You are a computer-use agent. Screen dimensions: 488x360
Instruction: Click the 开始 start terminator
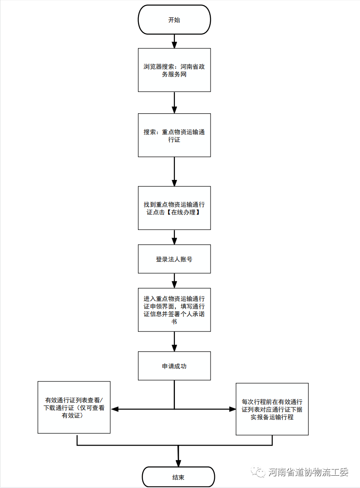coord(174,20)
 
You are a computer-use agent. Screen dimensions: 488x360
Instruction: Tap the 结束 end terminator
coord(178,477)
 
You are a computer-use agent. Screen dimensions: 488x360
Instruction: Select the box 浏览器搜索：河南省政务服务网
coord(174,70)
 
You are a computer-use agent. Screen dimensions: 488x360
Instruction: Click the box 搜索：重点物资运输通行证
coord(174,135)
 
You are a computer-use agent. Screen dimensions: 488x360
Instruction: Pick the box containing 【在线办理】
coord(174,208)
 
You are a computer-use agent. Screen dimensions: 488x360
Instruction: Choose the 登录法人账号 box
coord(174,259)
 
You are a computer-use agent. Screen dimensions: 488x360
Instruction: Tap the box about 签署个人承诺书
coord(174,309)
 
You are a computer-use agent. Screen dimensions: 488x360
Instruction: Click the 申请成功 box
coord(174,366)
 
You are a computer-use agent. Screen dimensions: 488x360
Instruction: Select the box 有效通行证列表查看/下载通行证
coord(74,408)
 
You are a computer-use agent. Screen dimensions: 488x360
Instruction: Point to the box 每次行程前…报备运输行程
coord(272,409)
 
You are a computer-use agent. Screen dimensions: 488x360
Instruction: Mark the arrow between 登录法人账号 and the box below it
coord(174,280)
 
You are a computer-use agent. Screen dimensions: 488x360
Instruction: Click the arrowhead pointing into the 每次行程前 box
coord(232,409)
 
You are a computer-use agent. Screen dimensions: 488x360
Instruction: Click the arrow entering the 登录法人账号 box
coord(174,237)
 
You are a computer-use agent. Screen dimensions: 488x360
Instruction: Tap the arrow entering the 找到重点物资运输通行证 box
coord(174,171)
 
